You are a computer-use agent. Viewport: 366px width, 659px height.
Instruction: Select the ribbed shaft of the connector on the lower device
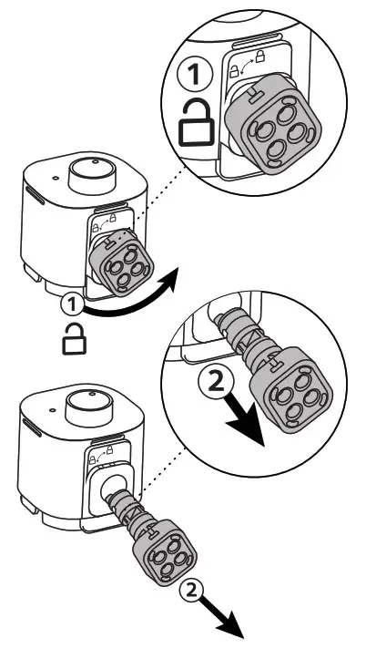[x=133, y=514]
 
